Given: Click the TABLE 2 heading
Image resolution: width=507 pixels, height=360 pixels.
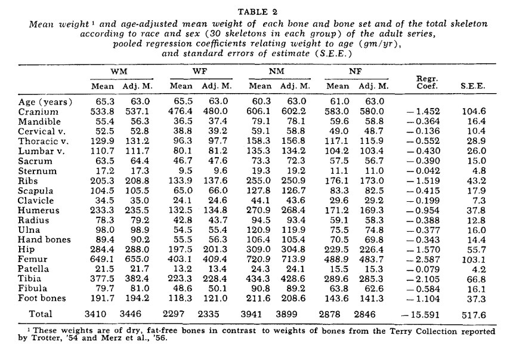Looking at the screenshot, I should click(253, 11).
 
